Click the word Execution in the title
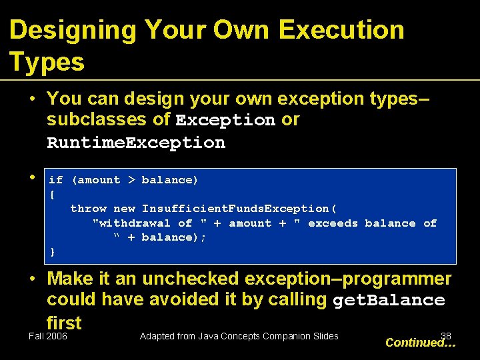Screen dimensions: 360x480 click(341, 30)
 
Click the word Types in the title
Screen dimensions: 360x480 click(47, 62)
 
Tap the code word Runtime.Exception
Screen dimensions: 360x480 click(136, 143)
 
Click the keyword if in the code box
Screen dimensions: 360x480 click(56, 180)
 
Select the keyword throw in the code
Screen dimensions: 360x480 click(88, 209)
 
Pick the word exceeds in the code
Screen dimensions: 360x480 click(333, 223)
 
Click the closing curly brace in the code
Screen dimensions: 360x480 click(53, 252)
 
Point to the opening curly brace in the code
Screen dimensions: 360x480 click(53, 194)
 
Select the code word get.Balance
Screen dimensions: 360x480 click(388, 301)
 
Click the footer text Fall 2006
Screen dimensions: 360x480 click(48, 337)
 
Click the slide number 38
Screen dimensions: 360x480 click(446, 337)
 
